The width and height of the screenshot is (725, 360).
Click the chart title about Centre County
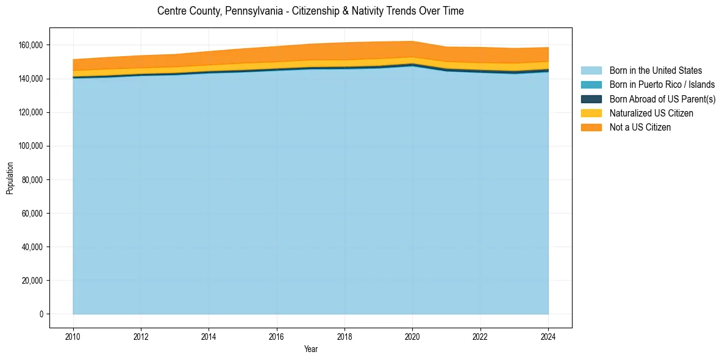[310, 11]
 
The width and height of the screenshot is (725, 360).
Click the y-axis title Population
[10, 178]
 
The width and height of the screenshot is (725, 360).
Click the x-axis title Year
[310, 350]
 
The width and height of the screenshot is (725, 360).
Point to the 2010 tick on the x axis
[73, 336]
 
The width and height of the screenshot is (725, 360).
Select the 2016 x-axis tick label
[277, 336]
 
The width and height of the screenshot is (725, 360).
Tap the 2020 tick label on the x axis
[413, 336]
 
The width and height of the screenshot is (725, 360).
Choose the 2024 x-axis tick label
[549, 336]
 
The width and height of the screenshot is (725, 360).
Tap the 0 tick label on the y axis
[41, 314]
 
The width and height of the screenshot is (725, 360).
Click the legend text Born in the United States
[655, 71]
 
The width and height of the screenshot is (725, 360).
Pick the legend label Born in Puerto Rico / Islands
[662, 85]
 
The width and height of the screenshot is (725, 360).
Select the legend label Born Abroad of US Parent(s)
[662, 99]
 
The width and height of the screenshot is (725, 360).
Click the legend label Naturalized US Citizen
[651, 113]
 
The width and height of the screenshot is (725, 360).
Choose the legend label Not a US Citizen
[640, 128]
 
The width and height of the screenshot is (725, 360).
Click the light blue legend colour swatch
[591, 71]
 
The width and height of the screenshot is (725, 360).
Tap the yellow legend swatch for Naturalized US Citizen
[591, 113]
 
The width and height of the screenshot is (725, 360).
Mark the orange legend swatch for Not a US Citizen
[591, 128]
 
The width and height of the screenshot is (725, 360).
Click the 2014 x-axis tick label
[209, 336]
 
